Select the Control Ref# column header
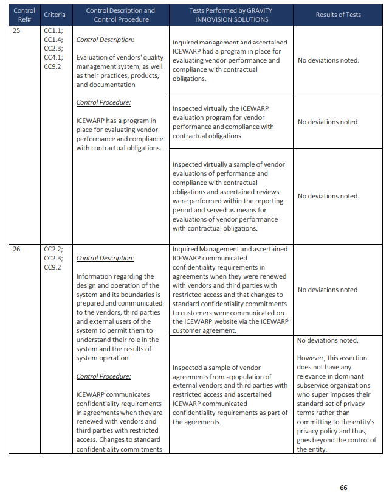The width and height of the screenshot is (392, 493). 24,15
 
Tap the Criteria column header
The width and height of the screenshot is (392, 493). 55,15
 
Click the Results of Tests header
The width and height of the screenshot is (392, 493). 339,15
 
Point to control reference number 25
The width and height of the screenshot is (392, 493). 16,30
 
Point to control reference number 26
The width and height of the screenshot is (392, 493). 16,249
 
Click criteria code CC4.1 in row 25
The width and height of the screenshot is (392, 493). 53,58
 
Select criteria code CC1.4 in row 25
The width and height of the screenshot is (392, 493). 53,40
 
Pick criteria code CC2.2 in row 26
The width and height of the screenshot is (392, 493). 53,249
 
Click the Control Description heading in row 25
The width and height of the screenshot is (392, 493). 105,40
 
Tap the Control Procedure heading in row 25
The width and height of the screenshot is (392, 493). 103,102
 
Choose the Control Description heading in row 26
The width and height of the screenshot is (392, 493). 105,258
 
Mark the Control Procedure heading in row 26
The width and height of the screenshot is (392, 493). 103,376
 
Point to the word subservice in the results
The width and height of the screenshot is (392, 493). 317,385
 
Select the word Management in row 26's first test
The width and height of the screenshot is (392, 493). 218,249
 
